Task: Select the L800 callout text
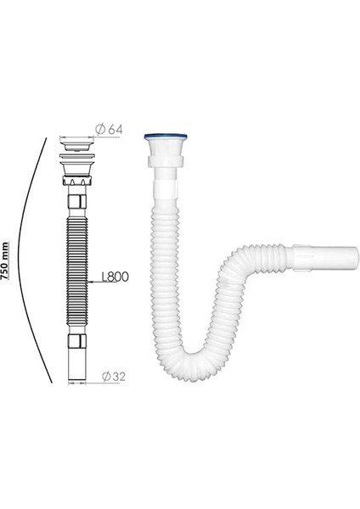coord(113,276)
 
